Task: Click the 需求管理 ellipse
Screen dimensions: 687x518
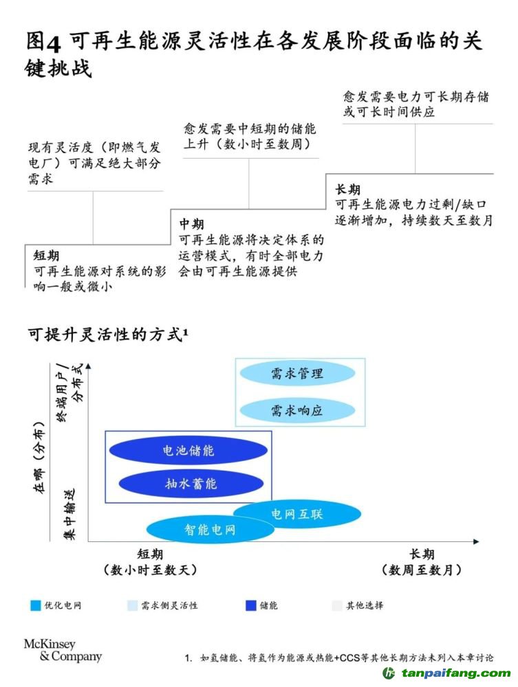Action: click(x=296, y=374)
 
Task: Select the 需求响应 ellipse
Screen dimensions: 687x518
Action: click(x=296, y=411)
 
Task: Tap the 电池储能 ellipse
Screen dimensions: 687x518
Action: click(x=188, y=451)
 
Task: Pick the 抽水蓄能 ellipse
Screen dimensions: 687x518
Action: click(x=191, y=484)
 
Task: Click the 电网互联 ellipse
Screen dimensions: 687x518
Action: click(x=296, y=513)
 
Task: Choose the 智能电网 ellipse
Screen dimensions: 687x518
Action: click(x=210, y=530)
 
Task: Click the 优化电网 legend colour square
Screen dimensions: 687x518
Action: click(x=36, y=605)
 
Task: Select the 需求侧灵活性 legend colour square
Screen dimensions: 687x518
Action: click(x=132, y=605)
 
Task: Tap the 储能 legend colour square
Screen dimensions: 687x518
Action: click(x=250, y=605)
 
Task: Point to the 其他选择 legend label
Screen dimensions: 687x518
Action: click(x=365, y=605)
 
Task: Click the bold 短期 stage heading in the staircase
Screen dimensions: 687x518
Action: click(x=46, y=256)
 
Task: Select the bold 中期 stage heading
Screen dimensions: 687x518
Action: click(x=192, y=225)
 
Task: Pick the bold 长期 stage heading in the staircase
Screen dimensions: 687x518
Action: click(x=347, y=189)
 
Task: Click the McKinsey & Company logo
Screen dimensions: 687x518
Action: click(x=63, y=650)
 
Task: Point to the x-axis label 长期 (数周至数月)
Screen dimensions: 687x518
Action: click(x=421, y=562)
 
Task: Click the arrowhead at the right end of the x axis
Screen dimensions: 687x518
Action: click(x=475, y=542)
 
